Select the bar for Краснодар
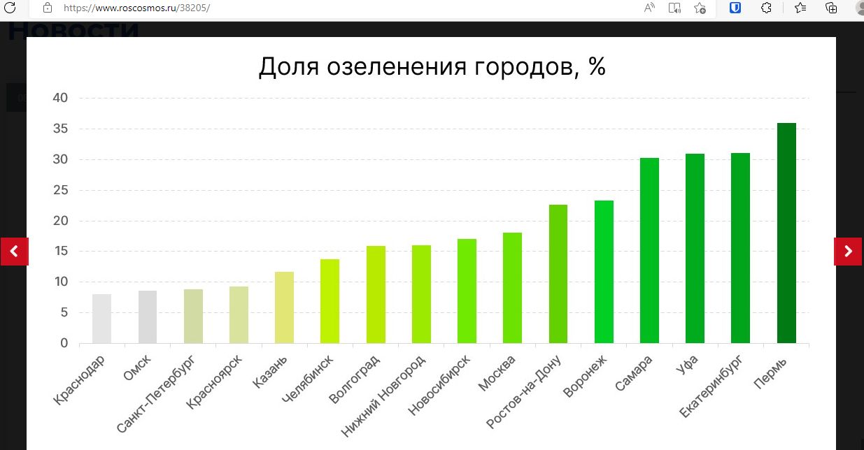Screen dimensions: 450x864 [x=101, y=319]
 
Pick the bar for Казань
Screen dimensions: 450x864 [x=284, y=307]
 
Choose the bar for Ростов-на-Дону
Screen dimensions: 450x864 [x=558, y=274]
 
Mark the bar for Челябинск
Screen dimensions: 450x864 [x=330, y=301]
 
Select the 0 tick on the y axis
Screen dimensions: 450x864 [x=64, y=343]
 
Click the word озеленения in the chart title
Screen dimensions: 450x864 [x=395, y=67]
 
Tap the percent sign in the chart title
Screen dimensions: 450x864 [x=596, y=67]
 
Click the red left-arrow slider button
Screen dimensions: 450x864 [x=14, y=252]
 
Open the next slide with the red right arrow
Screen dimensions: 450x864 [x=848, y=252]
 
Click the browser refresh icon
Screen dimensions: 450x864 [x=10, y=8]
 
